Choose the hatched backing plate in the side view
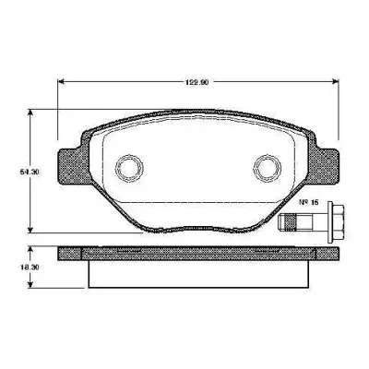197,253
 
